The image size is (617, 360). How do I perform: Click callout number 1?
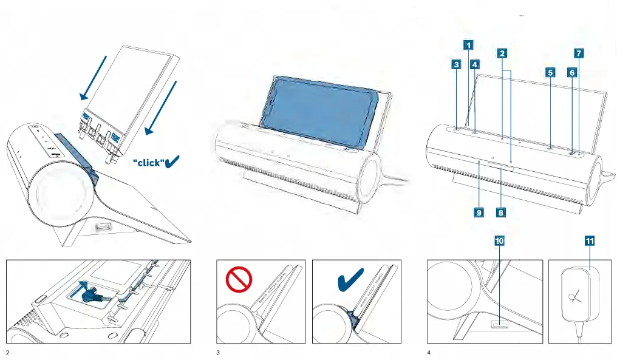pos(468,44)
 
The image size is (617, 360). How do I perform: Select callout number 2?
pos(502,53)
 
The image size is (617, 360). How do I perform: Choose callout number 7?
pos(579,53)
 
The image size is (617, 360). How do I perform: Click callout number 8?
pos(501,212)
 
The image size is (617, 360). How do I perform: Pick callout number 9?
pos(479,212)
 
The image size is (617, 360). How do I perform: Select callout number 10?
pos(500,241)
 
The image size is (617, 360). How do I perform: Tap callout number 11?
pos(590,241)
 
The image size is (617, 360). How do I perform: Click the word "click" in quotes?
pos(148,163)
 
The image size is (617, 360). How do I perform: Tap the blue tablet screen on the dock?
pos(322,112)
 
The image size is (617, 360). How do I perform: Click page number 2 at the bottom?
pos(8,353)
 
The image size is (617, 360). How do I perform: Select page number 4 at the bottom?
pos(429,353)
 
